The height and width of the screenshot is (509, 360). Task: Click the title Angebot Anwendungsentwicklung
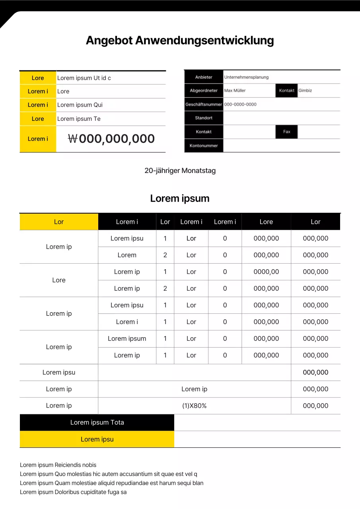[x=180, y=41]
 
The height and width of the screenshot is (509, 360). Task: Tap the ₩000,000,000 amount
[x=111, y=139]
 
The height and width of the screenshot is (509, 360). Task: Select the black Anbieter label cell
[x=204, y=77]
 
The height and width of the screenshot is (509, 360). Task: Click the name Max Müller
[x=235, y=91]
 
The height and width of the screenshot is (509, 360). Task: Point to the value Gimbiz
[x=305, y=91]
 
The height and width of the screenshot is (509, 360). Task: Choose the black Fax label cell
[x=286, y=132]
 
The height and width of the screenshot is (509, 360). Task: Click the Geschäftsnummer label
[x=204, y=105]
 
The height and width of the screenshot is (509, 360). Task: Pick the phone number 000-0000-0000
[x=240, y=105]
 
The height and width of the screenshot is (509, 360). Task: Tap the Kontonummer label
[x=204, y=146]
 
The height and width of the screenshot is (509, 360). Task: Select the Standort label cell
[x=204, y=118]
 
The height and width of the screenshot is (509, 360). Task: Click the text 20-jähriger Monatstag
[x=180, y=171]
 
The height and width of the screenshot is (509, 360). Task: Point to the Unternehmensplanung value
[x=246, y=77]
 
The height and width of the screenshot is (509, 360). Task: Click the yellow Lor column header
[x=59, y=222]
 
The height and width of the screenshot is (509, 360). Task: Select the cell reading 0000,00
[x=266, y=272]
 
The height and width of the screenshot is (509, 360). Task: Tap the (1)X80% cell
[x=194, y=406]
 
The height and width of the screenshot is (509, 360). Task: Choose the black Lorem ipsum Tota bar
[x=97, y=423]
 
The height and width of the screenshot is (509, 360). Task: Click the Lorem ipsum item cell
[x=127, y=339]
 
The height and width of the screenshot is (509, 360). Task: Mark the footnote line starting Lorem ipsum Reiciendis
[x=58, y=465]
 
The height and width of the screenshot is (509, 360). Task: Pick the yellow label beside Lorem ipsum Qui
[x=38, y=105]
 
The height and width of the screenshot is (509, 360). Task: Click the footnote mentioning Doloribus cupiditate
[x=73, y=492]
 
